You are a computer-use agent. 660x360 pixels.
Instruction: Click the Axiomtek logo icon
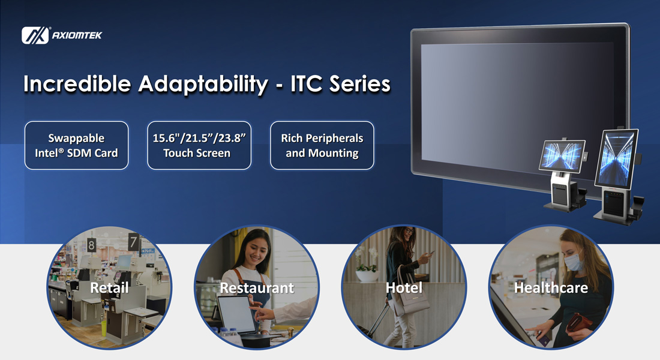point(35,35)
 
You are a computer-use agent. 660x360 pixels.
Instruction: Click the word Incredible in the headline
point(77,83)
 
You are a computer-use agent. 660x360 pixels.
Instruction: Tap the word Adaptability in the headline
point(203,84)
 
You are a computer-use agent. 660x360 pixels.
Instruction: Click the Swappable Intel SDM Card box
point(77,146)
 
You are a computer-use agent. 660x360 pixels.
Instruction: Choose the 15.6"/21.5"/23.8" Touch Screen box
point(199,146)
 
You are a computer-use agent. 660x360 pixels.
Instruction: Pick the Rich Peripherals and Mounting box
point(322,146)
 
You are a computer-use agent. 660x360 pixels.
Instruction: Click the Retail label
point(109,287)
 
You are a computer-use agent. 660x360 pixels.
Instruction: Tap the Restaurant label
point(257,288)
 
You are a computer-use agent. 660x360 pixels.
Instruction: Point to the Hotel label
point(404,287)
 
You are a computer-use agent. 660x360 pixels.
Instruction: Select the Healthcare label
point(551,287)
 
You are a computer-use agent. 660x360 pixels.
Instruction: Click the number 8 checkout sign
point(92,245)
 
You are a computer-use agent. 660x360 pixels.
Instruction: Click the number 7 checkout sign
point(134,242)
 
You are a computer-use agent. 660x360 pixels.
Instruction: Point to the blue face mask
point(573,262)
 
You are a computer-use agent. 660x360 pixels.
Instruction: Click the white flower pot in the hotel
point(367,276)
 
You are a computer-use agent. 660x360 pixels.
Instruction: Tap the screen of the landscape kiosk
point(562,155)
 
